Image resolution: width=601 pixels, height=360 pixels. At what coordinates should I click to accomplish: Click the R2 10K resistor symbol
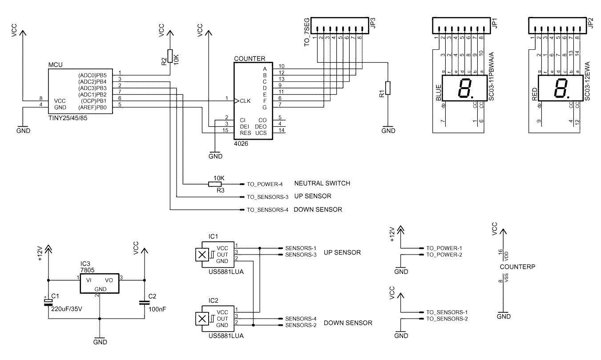(170, 56)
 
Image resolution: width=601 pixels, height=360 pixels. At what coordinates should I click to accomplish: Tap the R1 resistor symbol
(388, 88)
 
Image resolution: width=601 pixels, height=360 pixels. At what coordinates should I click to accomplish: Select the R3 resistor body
(215, 184)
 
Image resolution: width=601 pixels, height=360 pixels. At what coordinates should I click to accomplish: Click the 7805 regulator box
(100, 283)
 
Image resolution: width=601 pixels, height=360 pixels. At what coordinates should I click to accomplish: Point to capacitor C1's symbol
(48, 302)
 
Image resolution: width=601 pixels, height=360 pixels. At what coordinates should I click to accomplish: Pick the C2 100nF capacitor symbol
(144, 303)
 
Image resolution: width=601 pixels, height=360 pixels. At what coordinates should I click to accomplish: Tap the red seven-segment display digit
(561, 88)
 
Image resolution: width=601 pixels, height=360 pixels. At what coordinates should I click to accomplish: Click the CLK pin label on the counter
(245, 101)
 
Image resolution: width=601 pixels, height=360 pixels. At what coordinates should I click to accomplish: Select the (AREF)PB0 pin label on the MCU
(92, 108)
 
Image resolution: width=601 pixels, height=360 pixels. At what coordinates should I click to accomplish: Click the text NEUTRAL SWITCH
(322, 183)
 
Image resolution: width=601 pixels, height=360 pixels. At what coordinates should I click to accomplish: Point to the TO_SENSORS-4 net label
(267, 210)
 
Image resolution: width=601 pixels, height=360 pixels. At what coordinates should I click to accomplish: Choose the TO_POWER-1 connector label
(444, 248)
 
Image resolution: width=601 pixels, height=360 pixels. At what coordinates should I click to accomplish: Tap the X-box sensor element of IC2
(202, 319)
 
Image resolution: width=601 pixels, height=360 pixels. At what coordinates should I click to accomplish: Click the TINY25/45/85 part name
(68, 118)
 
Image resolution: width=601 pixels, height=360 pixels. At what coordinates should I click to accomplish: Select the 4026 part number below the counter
(241, 144)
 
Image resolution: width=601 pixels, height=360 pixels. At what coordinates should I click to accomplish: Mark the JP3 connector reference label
(372, 23)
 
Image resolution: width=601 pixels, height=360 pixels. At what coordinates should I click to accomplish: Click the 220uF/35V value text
(67, 309)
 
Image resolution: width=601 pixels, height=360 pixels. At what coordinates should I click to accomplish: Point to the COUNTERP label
(517, 267)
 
